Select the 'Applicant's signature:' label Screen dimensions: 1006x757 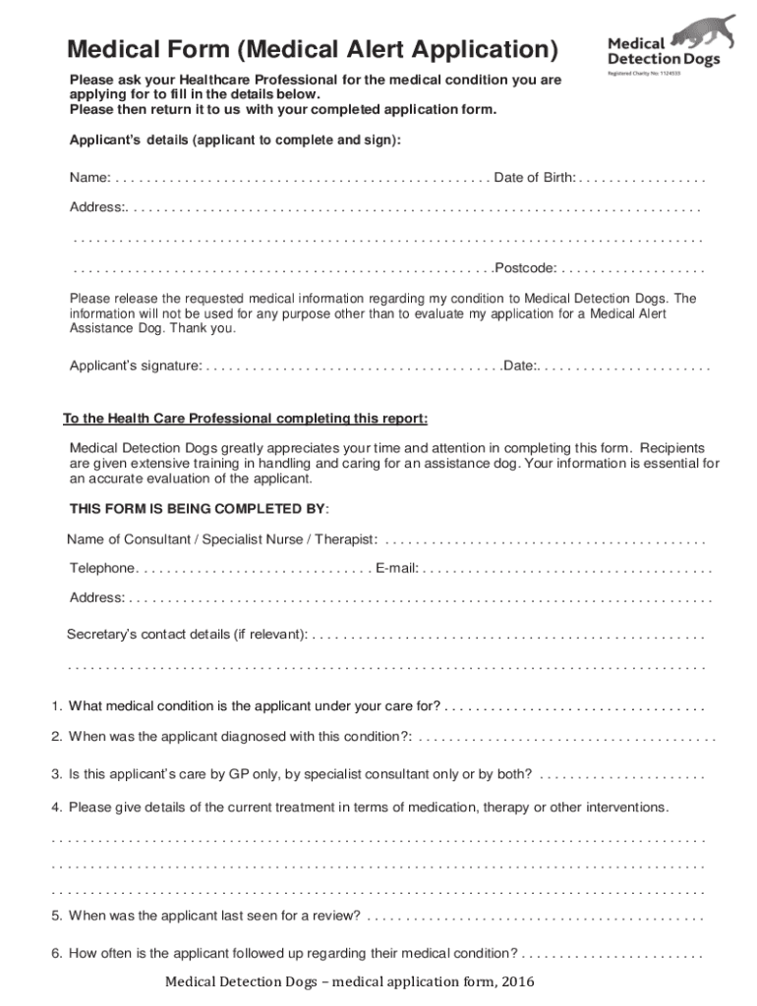[135, 365]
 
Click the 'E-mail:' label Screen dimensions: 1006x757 [397, 568]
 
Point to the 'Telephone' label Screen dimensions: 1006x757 [102, 568]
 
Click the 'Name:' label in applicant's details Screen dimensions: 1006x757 [88, 178]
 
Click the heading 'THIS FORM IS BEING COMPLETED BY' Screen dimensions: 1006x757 [199, 509]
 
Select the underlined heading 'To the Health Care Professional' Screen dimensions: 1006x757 [245, 419]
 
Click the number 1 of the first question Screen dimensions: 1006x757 [57, 705]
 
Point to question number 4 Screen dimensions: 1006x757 [57, 808]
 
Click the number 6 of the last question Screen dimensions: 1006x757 [57, 953]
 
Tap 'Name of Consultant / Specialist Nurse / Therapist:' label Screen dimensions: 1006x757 [222, 539]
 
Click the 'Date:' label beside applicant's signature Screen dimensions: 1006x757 [520, 365]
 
